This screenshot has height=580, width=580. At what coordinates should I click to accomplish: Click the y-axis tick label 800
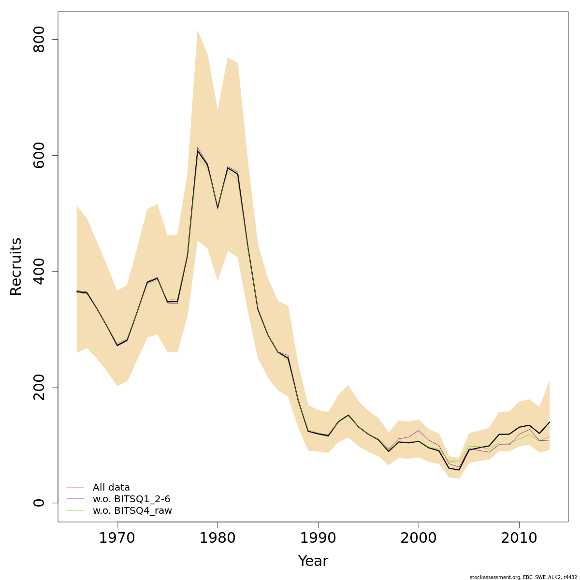39,39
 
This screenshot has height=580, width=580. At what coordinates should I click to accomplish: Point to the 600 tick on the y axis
39,155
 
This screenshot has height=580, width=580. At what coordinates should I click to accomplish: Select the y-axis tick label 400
39,271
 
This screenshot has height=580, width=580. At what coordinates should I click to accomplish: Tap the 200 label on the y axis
39,387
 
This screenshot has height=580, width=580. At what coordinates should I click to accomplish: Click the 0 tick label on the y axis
39,503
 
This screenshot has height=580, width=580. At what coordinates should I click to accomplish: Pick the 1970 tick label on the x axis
117,538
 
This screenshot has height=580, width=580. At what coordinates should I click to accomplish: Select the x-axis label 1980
217,538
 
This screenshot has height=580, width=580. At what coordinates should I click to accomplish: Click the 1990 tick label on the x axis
318,538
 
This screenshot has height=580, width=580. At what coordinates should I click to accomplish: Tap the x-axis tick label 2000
419,538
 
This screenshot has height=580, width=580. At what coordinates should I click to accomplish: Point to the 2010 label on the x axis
519,538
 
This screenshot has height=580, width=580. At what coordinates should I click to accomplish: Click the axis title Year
313,561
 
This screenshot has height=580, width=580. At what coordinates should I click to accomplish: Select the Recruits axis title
16,266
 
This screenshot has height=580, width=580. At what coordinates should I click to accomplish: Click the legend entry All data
111,487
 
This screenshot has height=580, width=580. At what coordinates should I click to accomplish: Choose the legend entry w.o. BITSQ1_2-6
131,499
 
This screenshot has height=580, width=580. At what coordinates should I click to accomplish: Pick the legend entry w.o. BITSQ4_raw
132,510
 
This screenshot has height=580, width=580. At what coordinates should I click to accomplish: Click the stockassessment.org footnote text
523,577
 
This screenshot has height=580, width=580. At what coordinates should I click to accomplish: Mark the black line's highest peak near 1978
197,151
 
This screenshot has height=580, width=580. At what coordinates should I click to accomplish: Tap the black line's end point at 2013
550,422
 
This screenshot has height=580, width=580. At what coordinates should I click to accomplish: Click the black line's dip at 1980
217,208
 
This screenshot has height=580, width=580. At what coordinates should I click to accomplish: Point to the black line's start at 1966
77,291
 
